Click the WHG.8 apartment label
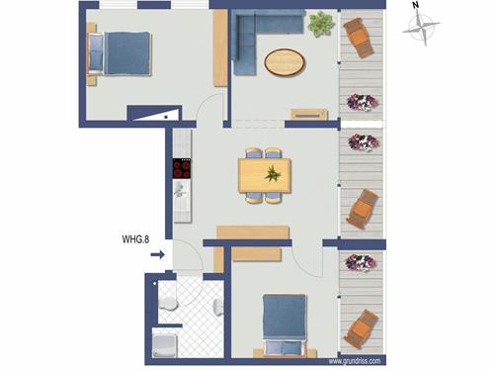coord(135,239)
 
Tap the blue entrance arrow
coord(158,254)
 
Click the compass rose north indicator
coord(421,27)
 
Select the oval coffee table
coord(285,62)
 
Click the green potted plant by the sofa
coord(320,24)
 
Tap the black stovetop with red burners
coord(182,168)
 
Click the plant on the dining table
coord(273,174)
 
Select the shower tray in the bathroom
coord(165,345)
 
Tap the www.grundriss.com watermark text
coord(355,361)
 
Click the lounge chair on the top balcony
coord(359,38)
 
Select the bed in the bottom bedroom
coord(285,325)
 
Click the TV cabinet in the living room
coord(309,115)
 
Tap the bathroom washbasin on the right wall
coord(218,308)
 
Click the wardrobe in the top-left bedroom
coord(220,48)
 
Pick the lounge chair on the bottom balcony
coord(360,329)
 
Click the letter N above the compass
coord(416,5)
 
